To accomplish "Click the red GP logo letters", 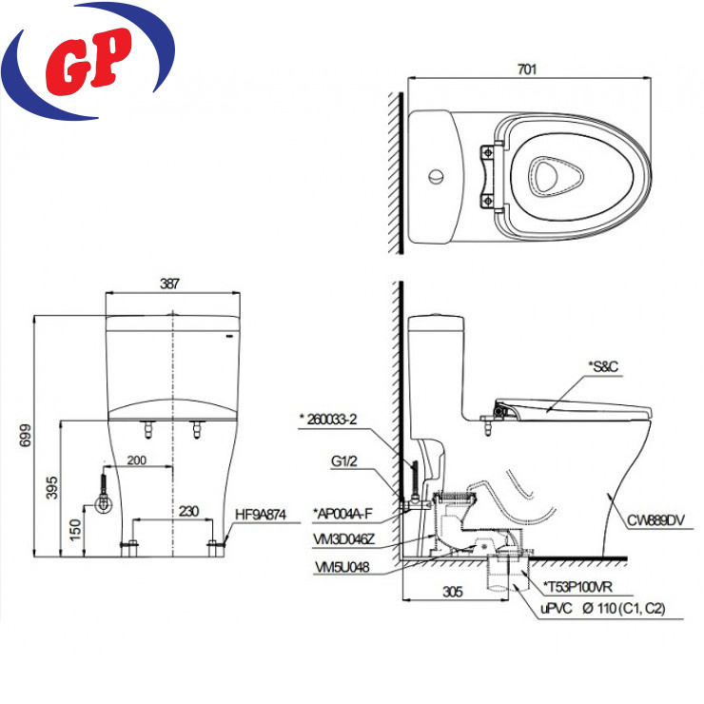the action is tap(88, 61).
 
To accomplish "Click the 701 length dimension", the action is tap(527, 69).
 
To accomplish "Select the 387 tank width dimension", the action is tap(169, 284).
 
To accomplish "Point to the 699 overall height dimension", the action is tap(26, 435).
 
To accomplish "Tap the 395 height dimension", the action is tap(52, 488).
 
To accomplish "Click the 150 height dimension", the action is tap(75, 529).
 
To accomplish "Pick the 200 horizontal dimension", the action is tap(136, 460).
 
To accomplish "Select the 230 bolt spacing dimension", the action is tap(188, 512).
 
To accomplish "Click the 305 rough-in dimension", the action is tap(453, 592).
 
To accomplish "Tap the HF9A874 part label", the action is tap(261, 515).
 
